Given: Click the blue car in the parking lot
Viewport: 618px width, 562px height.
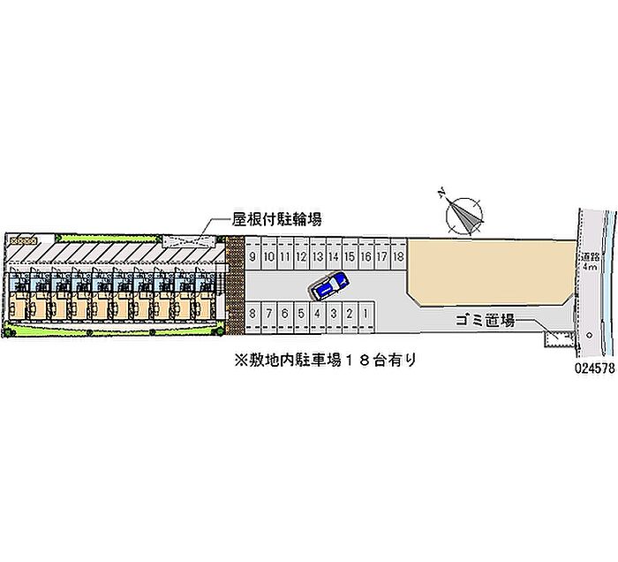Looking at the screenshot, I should [x=329, y=285].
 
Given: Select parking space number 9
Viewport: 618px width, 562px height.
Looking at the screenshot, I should [x=253, y=256].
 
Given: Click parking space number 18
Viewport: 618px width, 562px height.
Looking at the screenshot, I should [x=398, y=256].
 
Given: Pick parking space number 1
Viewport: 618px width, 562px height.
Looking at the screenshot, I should [x=365, y=313].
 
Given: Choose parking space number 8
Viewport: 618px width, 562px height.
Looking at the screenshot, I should [x=253, y=313].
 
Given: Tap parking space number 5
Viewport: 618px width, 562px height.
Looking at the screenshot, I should [x=301, y=313].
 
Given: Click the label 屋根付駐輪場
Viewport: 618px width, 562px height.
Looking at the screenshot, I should [x=276, y=218].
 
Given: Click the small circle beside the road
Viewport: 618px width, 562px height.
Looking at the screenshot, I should [x=588, y=336].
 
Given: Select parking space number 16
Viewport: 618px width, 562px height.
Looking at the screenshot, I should [x=366, y=256].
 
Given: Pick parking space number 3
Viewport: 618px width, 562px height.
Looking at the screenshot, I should [x=333, y=313].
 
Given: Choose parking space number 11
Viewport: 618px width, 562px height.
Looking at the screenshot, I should [x=285, y=256].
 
